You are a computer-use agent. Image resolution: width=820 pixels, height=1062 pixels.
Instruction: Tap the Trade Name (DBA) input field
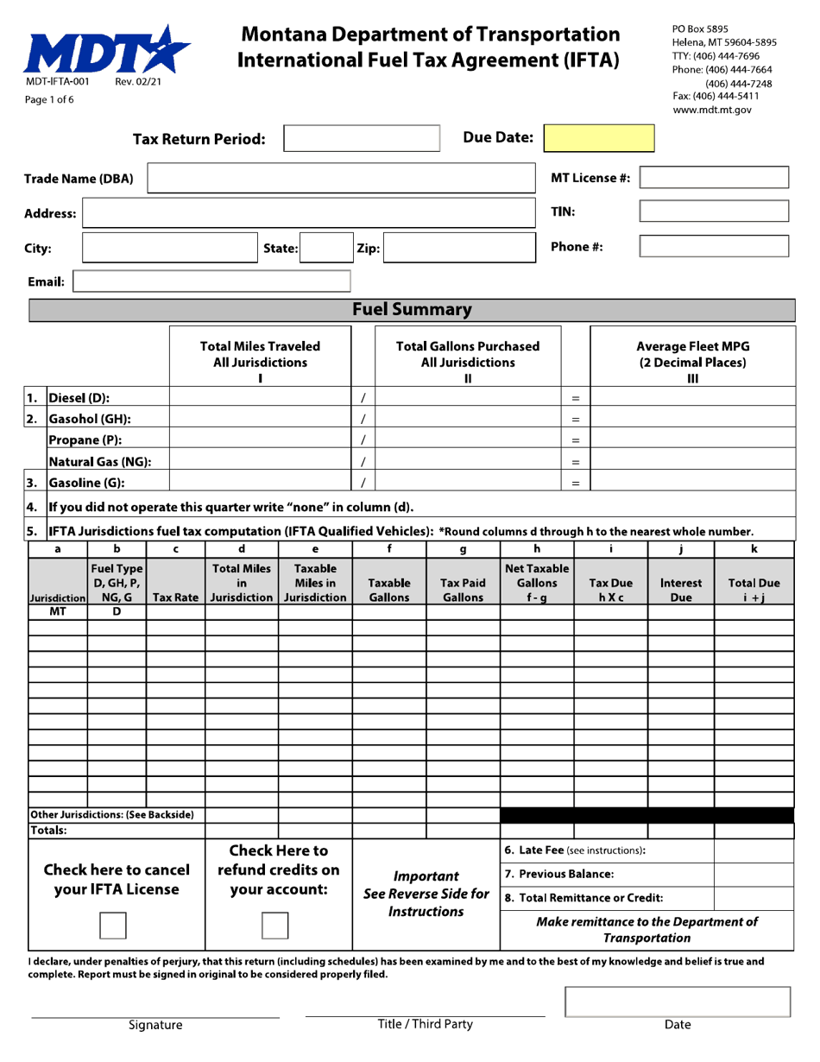pos(342,179)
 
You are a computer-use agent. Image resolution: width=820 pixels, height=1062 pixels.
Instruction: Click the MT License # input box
pos(713,178)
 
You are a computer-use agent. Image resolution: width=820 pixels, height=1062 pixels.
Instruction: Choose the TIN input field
pos(713,212)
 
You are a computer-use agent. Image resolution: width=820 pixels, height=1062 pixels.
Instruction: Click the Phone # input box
pos(713,246)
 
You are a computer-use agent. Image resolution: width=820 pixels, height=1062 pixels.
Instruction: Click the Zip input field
pos(458,247)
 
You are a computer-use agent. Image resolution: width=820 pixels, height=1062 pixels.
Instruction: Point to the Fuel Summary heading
pos(410,309)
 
